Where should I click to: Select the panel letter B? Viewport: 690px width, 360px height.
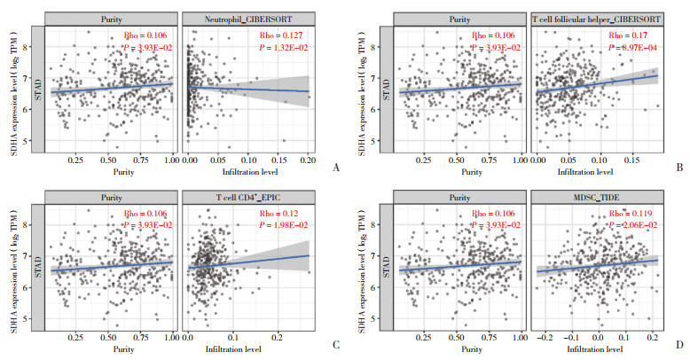coord(678,166)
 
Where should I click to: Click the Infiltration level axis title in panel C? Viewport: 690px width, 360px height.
coord(249,349)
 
